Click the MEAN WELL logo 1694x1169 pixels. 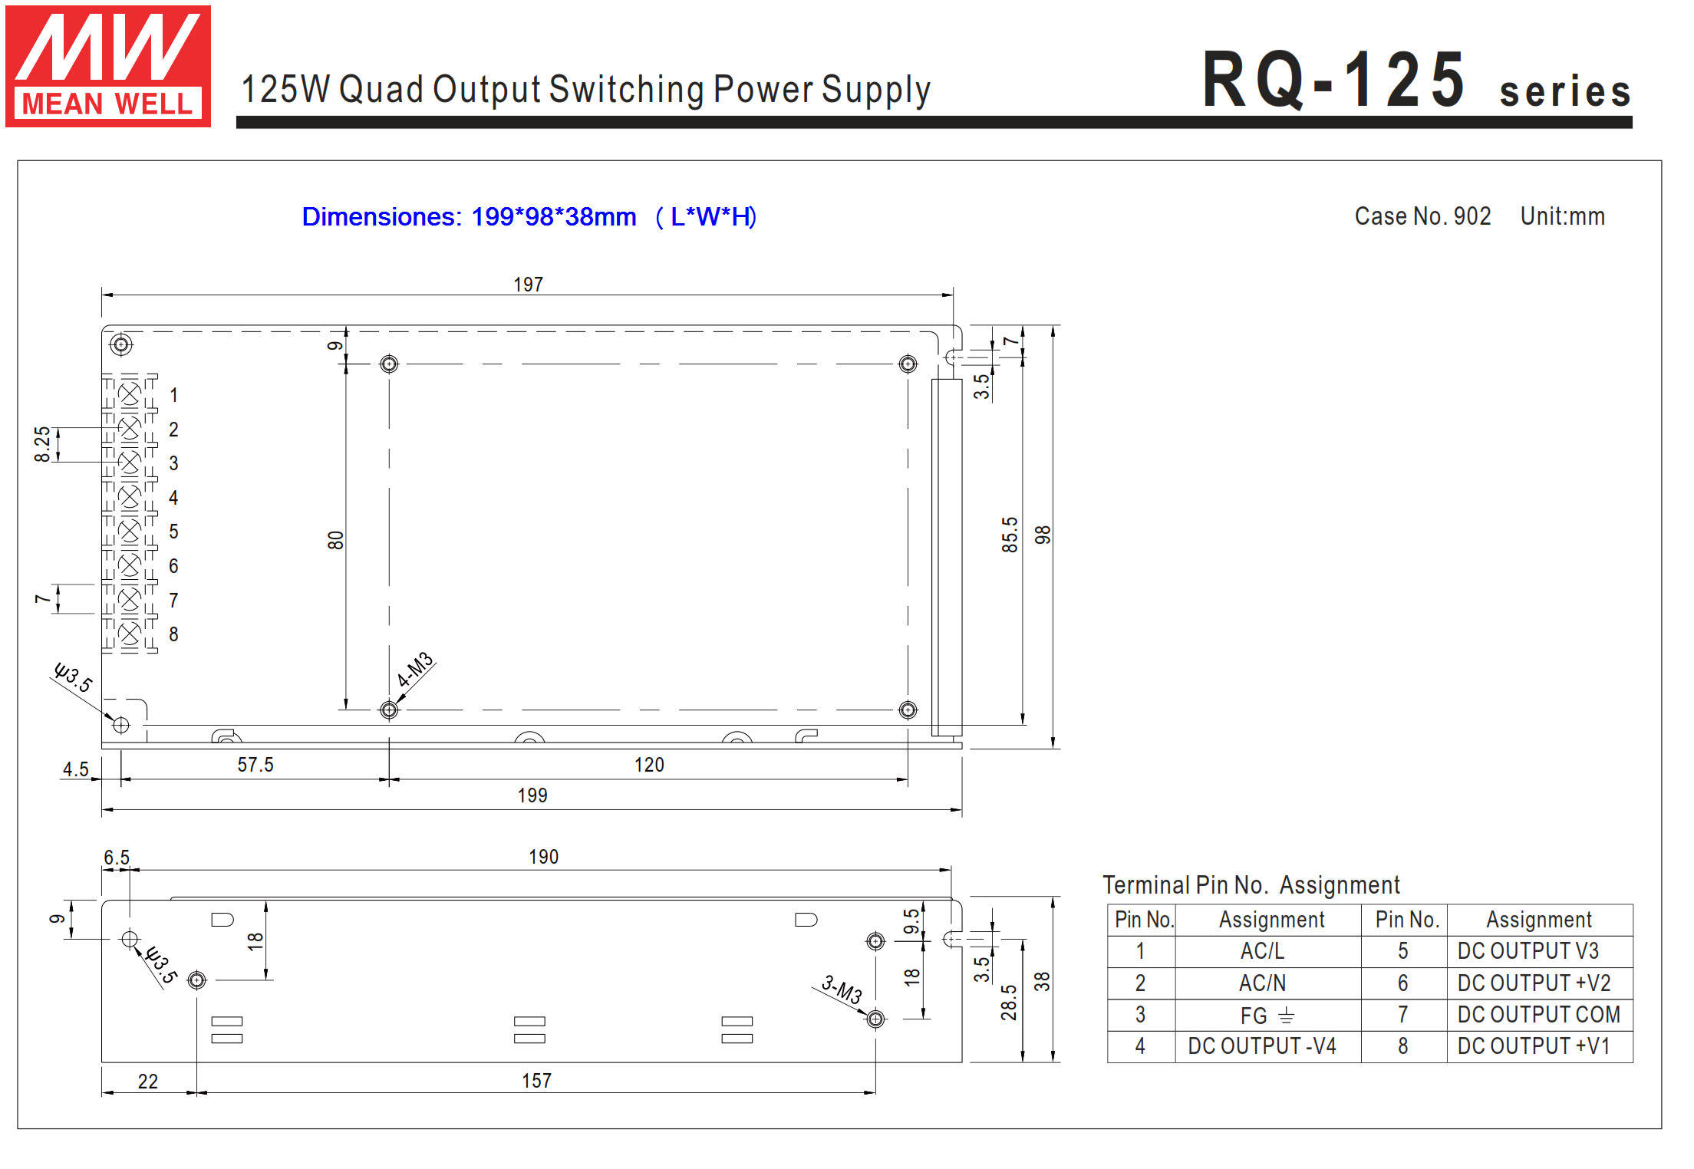pyautogui.click(x=108, y=66)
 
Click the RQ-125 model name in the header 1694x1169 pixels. pyautogui.click(x=1333, y=79)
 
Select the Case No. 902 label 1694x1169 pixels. pyautogui.click(x=1422, y=216)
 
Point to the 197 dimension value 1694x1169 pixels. pyautogui.click(x=528, y=285)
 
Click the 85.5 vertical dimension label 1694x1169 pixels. pyautogui.click(x=1010, y=535)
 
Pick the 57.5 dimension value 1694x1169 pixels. pyautogui.click(x=255, y=765)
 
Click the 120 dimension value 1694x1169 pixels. pyautogui.click(x=649, y=765)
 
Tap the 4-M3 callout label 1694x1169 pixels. pyautogui.click(x=415, y=670)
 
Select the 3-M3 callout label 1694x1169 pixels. pyautogui.click(x=842, y=990)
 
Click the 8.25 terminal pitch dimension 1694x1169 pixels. pyautogui.click(x=42, y=444)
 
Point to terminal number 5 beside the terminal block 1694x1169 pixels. pyautogui.click(x=174, y=532)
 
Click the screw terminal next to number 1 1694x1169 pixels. pyautogui.click(x=130, y=394)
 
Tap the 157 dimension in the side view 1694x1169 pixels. pyautogui.click(x=537, y=1081)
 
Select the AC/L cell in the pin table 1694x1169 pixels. pyautogui.click(x=1262, y=951)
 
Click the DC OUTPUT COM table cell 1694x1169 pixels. pyautogui.click(x=1539, y=1015)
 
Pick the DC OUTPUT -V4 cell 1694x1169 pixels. pyautogui.click(x=1262, y=1046)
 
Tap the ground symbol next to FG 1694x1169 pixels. pyautogui.click(x=1287, y=1016)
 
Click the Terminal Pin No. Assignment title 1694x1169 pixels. pyautogui.click(x=1251, y=885)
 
